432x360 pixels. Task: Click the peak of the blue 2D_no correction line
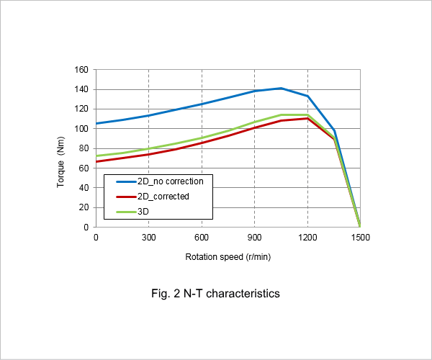(281, 89)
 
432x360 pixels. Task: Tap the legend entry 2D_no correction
(160, 181)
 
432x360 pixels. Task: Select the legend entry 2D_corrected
(153, 197)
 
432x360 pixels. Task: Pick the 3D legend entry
(132, 212)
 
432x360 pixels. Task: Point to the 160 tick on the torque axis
(81, 70)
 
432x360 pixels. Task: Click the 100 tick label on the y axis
(81, 129)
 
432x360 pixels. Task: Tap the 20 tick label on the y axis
(84, 207)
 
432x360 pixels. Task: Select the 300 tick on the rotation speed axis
(149, 238)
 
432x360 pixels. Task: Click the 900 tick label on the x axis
(254, 238)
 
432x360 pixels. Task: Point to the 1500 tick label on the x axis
(361, 238)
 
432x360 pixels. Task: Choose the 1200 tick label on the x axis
(307, 238)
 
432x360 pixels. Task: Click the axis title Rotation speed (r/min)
(228, 257)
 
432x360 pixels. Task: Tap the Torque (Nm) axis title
(60, 162)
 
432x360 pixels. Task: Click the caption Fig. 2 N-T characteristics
(215, 294)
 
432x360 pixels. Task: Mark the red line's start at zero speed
(96, 161)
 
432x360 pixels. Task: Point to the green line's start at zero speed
(96, 156)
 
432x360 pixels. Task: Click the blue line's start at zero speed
(96, 123)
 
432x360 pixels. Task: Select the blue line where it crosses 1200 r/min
(307, 96)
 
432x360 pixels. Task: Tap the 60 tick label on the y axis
(84, 168)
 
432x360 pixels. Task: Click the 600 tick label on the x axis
(202, 238)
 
